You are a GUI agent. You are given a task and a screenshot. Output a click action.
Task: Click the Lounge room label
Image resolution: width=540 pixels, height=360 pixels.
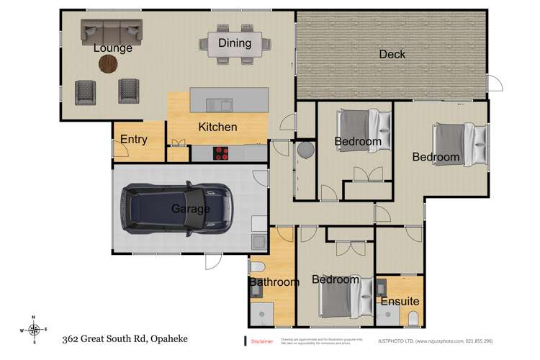[x=113, y=48]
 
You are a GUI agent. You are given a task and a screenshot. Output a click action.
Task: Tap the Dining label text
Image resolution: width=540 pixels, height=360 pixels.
[x=235, y=43]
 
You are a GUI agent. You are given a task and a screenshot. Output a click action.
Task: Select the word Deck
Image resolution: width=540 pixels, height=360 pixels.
[x=392, y=54]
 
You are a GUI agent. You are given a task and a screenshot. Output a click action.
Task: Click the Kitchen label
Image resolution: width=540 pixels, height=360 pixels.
[x=217, y=127]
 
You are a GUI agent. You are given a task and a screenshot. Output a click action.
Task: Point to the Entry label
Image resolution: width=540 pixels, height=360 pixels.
[x=134, y=140]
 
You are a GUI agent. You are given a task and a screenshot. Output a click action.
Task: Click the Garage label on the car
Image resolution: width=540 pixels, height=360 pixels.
[x=190, y=209]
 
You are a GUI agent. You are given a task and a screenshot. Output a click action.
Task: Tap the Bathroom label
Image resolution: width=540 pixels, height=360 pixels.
[x=274, y=282]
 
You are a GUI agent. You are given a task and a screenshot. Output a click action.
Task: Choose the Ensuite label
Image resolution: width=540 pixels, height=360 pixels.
[x=400, y=301]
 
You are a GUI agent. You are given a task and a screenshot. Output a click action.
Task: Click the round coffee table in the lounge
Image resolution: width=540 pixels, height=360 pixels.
[x=108, y=64]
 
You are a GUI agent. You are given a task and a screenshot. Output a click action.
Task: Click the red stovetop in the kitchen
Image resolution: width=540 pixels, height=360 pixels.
[x=220, y=153]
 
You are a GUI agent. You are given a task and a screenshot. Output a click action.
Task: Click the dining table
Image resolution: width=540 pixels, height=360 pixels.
[x=235, y=45]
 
